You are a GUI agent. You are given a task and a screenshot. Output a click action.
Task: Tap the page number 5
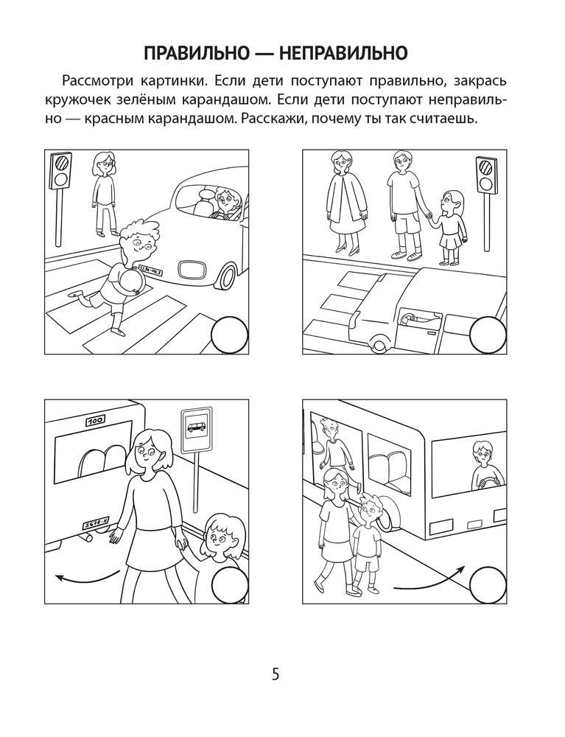tap(276, 674)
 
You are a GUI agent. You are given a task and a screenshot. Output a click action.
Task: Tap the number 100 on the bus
tap(96, 421)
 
